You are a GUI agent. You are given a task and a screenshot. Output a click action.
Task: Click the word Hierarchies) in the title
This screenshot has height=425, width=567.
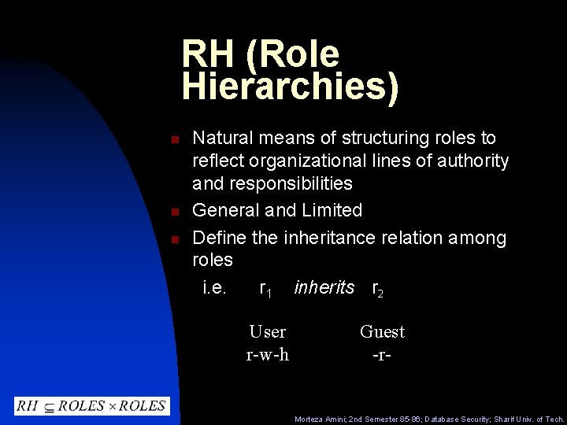point(290,87)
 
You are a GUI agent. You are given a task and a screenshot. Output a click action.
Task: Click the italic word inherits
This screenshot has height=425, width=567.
point(324,288)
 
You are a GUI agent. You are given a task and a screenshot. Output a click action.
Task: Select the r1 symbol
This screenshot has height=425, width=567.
point(265,290)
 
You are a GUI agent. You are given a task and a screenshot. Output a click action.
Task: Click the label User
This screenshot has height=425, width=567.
point(267,332)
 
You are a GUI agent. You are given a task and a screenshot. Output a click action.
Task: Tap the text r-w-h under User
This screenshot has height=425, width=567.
point(267,355)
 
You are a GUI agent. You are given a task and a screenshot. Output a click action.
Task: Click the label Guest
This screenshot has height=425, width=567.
point(382,332)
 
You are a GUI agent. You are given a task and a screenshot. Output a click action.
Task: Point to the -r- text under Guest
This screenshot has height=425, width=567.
point(382,355)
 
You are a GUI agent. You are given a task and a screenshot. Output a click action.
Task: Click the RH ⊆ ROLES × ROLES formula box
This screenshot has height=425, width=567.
point(91,406)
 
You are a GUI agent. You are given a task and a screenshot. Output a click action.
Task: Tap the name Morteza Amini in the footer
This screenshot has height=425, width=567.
point(317,419)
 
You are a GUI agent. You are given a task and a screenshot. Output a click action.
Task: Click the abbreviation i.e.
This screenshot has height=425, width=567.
point(214,288)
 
